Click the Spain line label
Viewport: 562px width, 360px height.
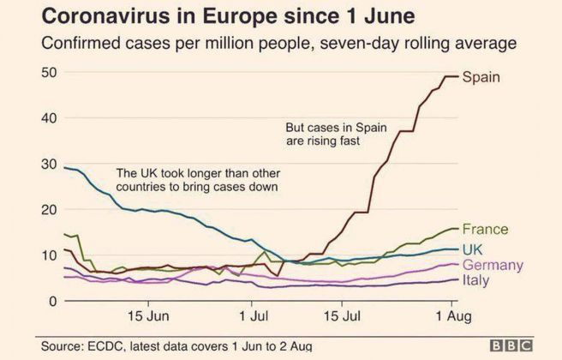pos(481,77)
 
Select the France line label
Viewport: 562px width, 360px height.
pos(485,230)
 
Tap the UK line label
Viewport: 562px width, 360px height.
pos(474,249)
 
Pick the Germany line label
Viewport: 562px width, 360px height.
pos(493,266)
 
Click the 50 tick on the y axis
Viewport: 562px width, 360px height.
pos(50,73)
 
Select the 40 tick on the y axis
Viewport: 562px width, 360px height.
pos(50,118)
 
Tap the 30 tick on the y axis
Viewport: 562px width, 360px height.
pos(50,164)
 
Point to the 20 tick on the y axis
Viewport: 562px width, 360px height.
pos(50,210)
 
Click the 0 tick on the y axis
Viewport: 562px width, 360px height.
pos(53,301)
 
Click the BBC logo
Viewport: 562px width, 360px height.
pos(516,345)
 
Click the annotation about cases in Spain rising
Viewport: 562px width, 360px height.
pos(336,135)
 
